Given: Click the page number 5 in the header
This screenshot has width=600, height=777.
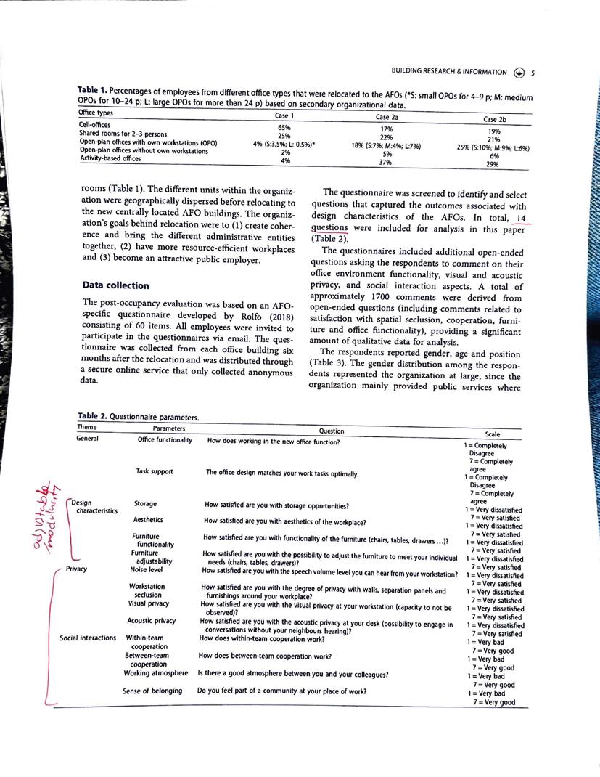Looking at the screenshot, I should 533,72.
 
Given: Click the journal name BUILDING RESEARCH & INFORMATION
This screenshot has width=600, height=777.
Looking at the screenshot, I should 448,72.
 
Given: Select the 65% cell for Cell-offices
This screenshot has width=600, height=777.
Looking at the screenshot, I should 284,127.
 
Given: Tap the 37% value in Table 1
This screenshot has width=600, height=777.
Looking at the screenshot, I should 385,163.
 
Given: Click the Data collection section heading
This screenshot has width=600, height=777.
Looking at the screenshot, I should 116,285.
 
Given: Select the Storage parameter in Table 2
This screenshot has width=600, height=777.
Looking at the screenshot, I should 145,504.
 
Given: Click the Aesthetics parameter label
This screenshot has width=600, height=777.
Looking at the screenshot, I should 148,520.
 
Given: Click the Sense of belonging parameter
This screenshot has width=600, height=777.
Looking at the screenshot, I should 152,690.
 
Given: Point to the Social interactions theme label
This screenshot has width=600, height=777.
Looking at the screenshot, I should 88,638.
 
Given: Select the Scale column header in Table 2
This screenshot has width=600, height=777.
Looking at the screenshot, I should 493,434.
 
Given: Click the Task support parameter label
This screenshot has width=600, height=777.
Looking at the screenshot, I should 155,471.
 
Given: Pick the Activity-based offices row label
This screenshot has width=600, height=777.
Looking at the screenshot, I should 111,159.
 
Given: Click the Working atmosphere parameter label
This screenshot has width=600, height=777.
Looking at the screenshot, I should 157,673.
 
